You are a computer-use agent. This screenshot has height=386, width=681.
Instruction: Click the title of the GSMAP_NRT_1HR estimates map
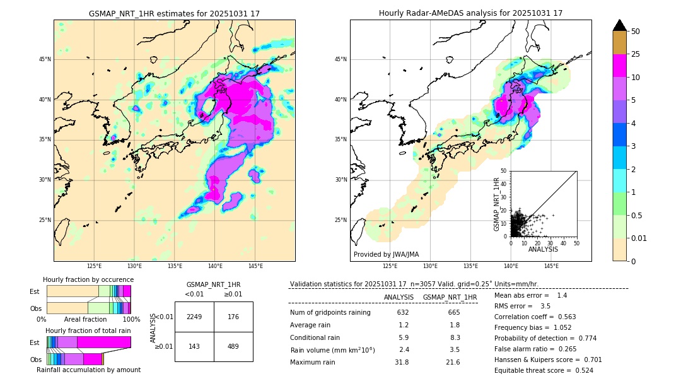[174, 13]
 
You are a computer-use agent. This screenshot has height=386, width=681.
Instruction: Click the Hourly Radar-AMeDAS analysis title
[470, 13]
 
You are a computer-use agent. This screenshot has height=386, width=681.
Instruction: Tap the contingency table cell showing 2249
[194, 317]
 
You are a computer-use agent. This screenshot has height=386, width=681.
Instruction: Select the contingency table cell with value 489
[233, 346]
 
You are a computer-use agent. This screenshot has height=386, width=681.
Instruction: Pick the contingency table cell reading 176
[233, 317]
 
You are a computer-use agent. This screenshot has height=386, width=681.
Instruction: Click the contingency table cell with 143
[194, 346]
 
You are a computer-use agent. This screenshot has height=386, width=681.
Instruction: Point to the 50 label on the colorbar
[636, 32]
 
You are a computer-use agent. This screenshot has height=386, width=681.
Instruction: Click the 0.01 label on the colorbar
[639, 238]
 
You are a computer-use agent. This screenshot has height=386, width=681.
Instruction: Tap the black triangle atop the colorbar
[620, 25]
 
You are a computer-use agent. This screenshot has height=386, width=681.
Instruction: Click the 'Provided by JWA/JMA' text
[386, 255]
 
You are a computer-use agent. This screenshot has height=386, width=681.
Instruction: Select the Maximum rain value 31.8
[402, 363]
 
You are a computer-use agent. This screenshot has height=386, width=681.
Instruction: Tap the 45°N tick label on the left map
[45, 59]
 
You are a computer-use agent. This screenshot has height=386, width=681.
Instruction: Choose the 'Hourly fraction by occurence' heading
[88, 280]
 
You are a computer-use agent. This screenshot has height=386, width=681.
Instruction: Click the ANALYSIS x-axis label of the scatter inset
[543, 250]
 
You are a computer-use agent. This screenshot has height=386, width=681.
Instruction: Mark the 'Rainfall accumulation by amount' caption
[88, 370]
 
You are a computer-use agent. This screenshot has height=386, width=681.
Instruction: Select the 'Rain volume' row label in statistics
[332, 350]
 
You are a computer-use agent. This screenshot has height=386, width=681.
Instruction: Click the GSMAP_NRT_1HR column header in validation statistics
[450, 297]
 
